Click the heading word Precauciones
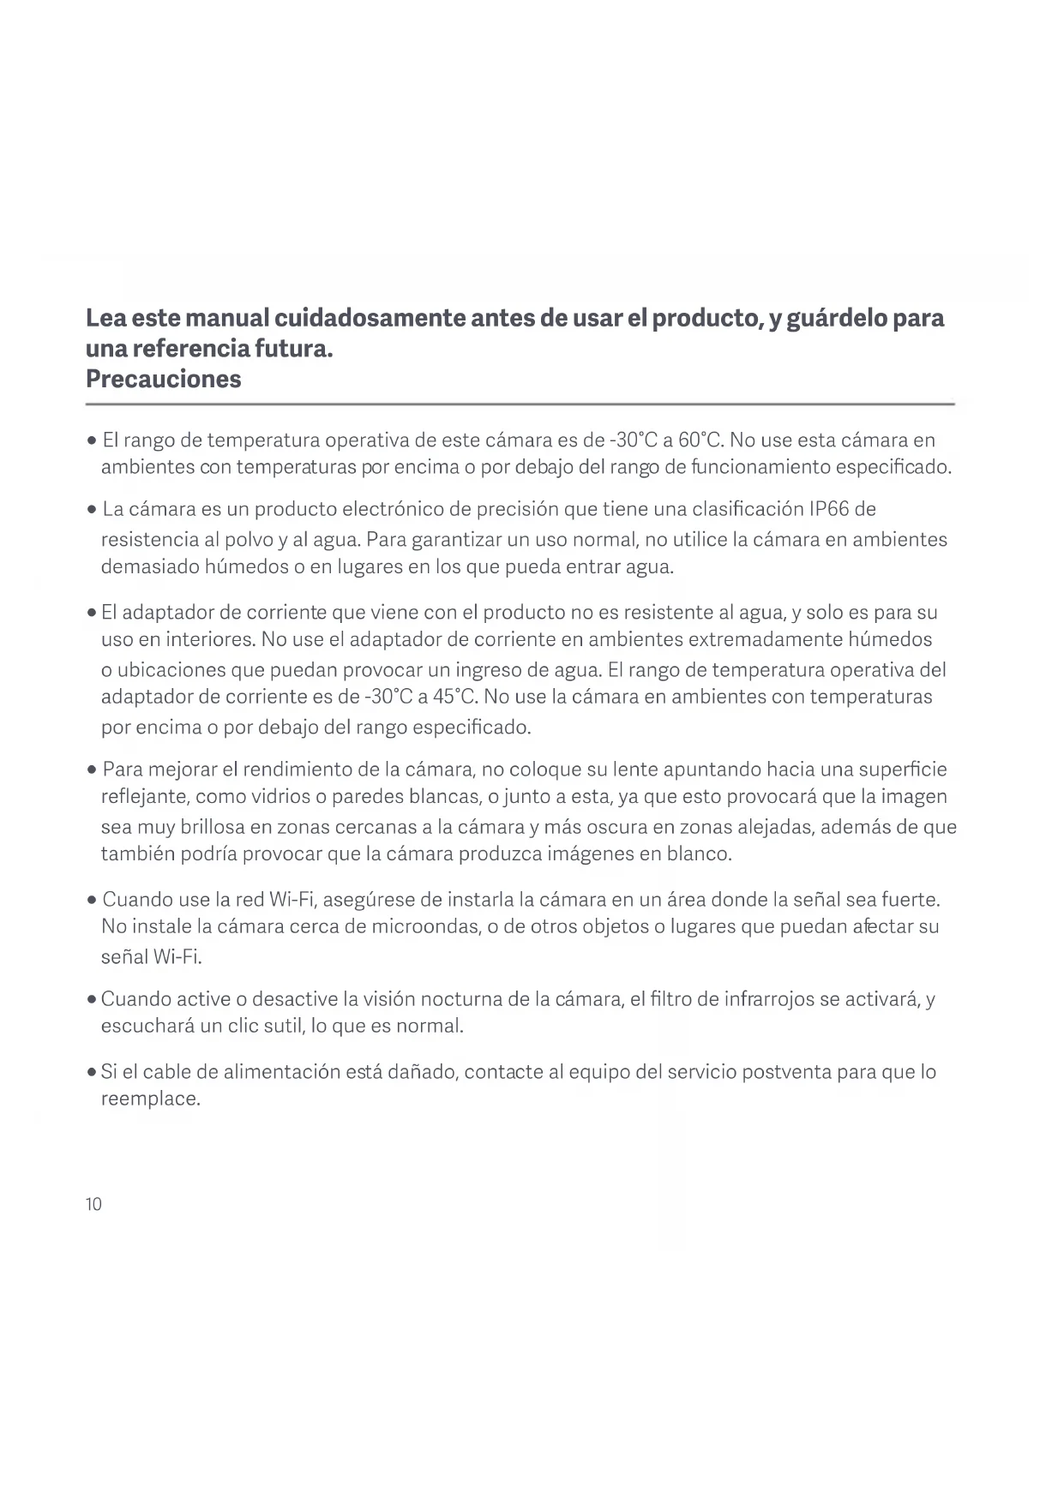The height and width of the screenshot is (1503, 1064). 163,379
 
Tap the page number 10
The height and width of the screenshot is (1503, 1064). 93,1204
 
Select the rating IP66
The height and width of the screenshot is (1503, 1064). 828,509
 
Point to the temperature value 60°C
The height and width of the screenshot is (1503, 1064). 701,440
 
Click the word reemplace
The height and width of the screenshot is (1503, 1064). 150,1099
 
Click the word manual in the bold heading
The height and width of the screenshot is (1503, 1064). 225,318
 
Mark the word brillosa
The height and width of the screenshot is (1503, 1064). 212,827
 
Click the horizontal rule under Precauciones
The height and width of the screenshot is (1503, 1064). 520,404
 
